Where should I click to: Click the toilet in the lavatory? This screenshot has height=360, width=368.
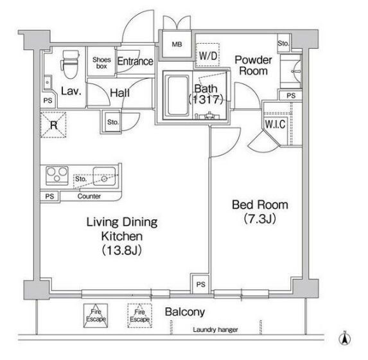(x=70, y=64)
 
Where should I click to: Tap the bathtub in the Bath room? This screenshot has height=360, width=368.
(x=178, y=95)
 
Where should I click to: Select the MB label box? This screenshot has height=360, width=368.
(x=177, y=44)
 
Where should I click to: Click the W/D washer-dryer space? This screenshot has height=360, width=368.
(x=207, y=55)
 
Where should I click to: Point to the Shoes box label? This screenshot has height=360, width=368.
(x=101, y=63)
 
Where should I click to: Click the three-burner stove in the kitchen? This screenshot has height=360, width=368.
(x=57, y=175)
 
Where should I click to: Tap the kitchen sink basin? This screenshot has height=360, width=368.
(x=104, y=176)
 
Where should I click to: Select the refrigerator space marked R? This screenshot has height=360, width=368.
(x=53, y=125)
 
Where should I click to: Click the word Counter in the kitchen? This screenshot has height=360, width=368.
(x=89, y=196)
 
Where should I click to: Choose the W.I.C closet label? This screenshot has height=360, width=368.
(x=275, y=124)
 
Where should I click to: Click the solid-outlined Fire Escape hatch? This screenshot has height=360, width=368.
(x=96, y=316)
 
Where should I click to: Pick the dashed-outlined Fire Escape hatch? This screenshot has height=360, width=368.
(x=139, y=316)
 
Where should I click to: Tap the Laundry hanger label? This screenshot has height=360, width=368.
(x=215, y=330)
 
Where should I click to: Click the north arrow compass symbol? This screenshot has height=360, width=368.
(x=345, y=339)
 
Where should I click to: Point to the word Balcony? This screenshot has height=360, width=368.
(x=185, y=312)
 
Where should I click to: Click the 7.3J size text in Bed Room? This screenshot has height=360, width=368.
(x=260, y=219)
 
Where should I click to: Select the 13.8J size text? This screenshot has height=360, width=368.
(x=122, y=251)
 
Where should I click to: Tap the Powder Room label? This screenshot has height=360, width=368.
(x=254, y=66)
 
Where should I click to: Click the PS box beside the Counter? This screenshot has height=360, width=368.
(x=49, y=196)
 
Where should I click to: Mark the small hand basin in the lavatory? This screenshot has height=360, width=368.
(x=48, y=82)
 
